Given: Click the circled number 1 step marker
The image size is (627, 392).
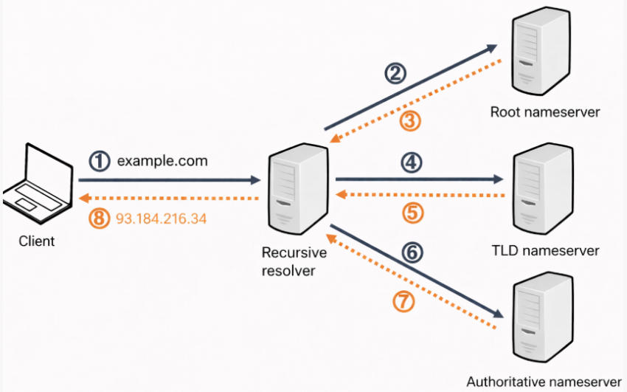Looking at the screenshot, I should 99,161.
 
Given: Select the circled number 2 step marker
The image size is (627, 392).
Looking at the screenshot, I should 396,73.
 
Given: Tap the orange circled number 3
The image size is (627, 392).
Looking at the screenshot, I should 410,120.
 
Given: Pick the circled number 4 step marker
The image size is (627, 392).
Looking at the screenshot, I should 411,161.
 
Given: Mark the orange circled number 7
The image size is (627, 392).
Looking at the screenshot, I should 404,303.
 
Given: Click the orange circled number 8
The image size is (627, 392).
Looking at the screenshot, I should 99,219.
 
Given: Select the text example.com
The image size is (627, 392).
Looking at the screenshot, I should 162,160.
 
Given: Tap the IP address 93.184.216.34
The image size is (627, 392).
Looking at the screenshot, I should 162,219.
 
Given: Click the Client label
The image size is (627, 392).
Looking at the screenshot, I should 36,241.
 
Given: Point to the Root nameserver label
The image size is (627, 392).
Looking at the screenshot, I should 545,113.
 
